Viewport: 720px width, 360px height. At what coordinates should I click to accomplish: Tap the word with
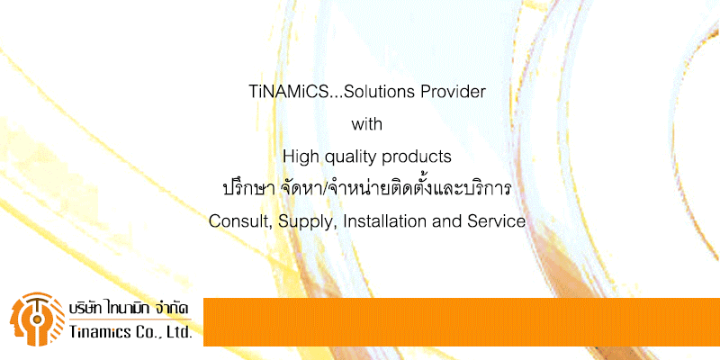pos(367,124)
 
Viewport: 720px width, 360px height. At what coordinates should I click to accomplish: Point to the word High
pos(300,157)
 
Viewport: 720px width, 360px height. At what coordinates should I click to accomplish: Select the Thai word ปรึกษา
pos(248,189)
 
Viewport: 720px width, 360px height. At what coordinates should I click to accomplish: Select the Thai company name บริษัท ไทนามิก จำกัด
pos(129,308)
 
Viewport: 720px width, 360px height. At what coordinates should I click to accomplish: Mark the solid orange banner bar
pos(462,322)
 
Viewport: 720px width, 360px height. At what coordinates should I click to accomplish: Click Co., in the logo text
pos(145,332)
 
